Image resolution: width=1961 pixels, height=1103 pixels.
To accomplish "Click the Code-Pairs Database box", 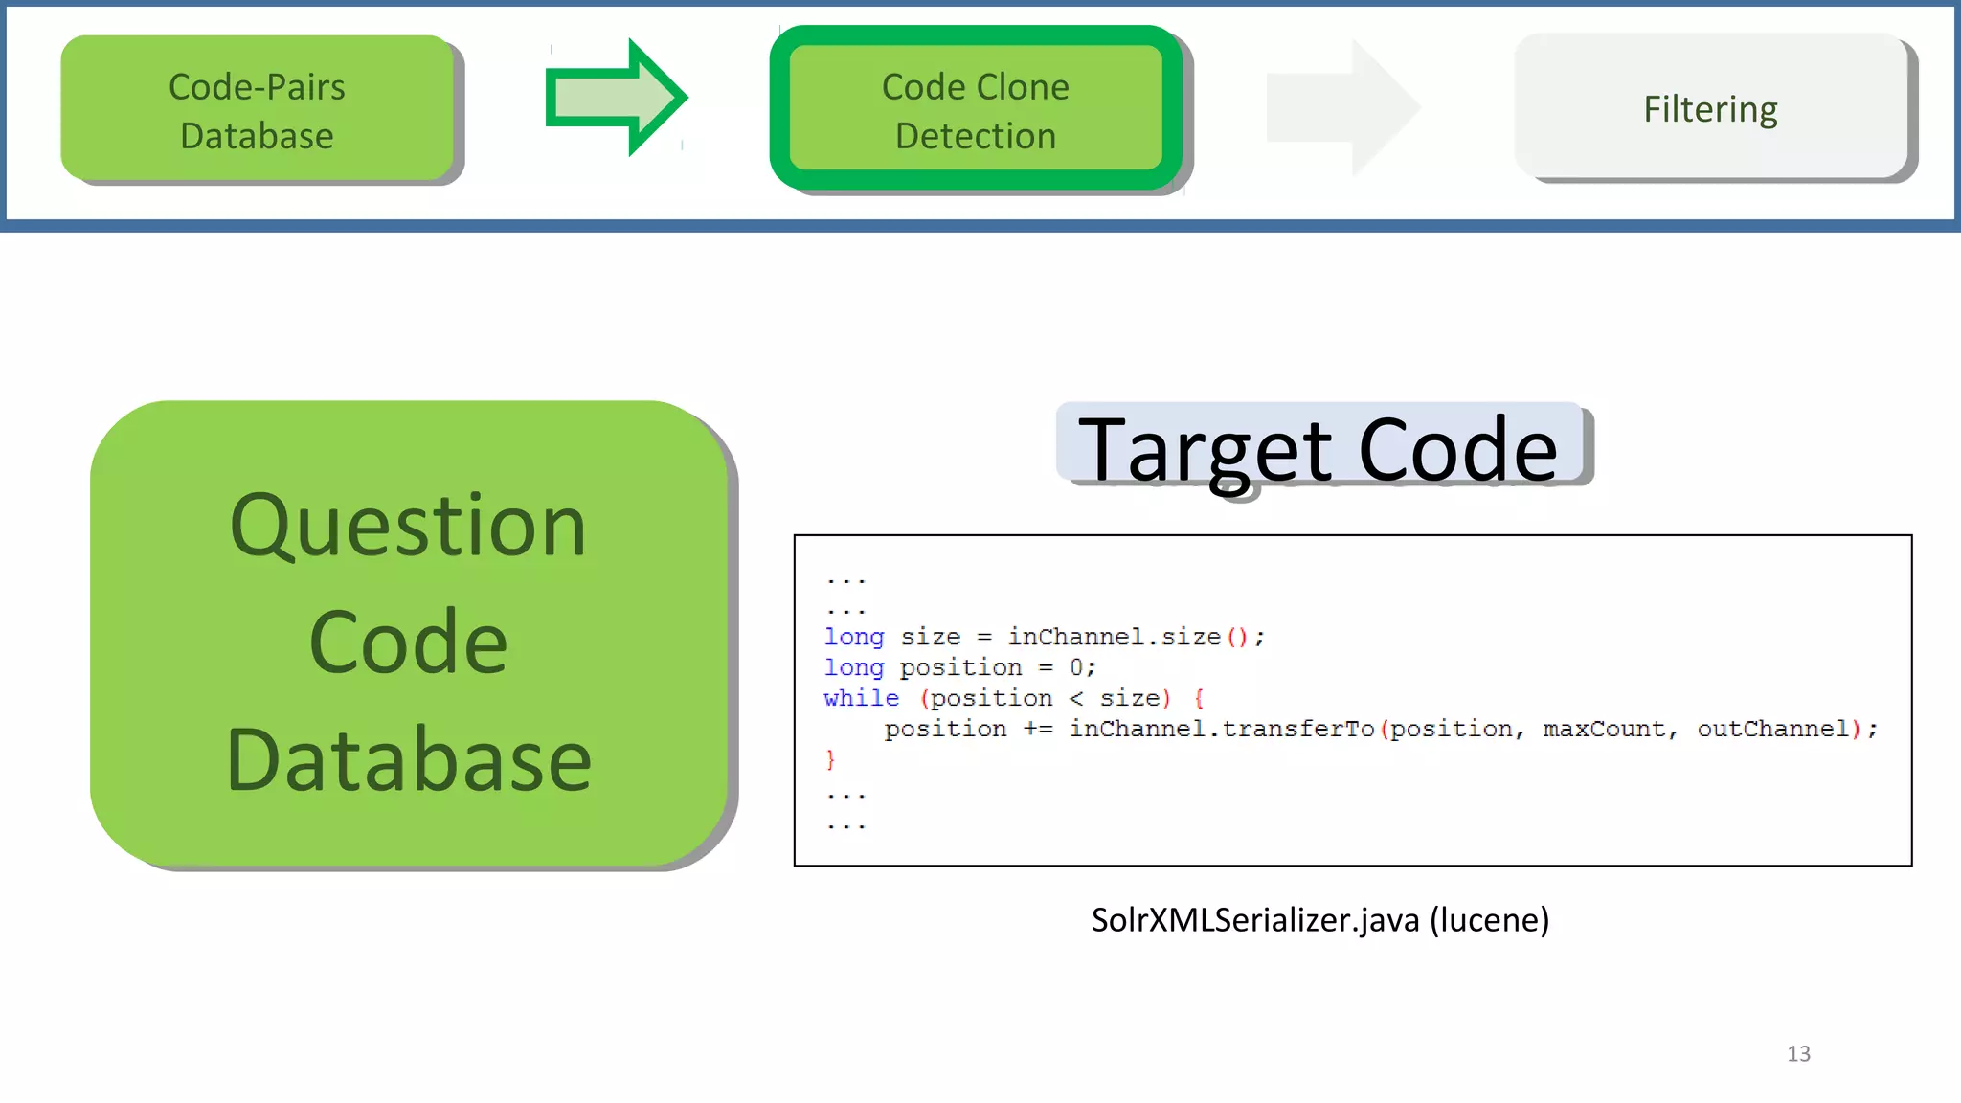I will pyautogui.click(x=257, y=109).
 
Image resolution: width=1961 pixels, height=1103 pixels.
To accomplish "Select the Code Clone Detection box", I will pyautogui.click(x=975, y=110).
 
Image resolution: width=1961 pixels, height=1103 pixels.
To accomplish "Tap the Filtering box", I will pyautogui.click(x=1710, y=108).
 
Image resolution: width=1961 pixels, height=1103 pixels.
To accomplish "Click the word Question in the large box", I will pyautogui.click(x=408, y=526).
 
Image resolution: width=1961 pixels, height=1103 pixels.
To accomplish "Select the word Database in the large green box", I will pyautogui.click(x=408, y=760).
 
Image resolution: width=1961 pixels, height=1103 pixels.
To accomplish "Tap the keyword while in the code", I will pyautogui.click(x=861, y=698).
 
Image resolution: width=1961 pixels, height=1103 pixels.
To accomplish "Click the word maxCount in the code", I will pyautogui.click(x=1604, y=729).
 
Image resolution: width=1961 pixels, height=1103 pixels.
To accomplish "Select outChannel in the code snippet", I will pyautogui.click(x=1772, y=729).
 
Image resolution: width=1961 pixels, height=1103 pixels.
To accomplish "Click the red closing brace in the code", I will pyautogui.click(x=830, y=759).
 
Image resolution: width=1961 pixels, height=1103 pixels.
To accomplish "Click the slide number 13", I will pyautogui.click(x=1798, y=1053).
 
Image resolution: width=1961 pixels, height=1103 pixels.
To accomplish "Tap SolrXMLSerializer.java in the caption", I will pyautogui.click(x=1254, y=920).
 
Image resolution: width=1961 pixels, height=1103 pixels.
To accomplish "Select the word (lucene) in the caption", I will pyautogui.click(x=1489, y=920).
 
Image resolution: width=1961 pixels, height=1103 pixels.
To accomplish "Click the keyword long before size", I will pyautogui.click(x=853, y=637).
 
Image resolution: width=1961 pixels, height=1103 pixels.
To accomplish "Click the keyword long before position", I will pyautogui.click(x=853, y=667).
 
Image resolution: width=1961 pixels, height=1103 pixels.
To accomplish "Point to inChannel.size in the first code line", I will pyautogui.click(x=1114, y=637).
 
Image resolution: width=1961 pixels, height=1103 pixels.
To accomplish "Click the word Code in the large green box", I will pyautogui.click(x=408, y=642).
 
